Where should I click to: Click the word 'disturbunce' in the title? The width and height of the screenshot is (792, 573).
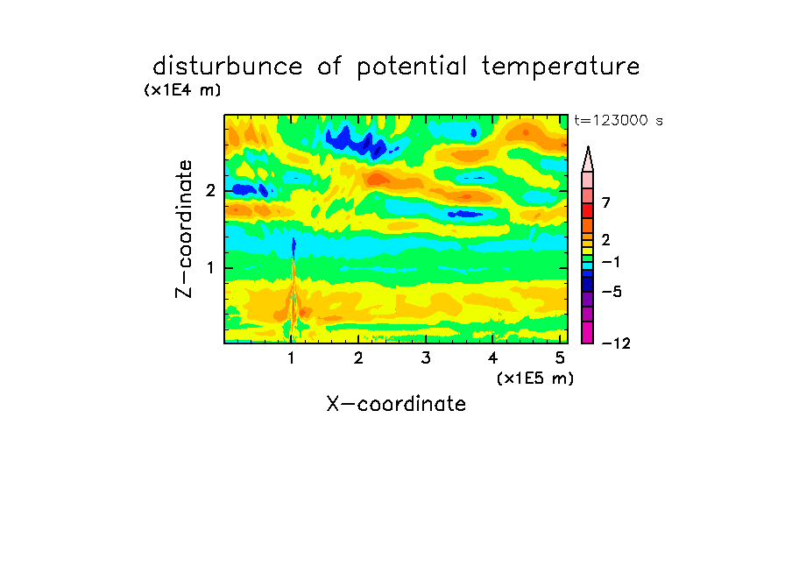(x=228, y=66)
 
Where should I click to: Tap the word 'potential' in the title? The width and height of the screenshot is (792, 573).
(x=412, y=67)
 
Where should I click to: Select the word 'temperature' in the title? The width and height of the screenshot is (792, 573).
(x=561, y=67)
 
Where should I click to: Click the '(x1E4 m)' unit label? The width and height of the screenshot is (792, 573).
(x=182, y=90)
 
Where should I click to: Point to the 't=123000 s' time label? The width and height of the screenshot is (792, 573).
(x=619, y=120)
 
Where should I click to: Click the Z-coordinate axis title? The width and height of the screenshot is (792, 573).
(x=184, y=229)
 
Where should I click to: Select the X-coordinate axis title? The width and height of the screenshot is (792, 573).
(x=396, y=404)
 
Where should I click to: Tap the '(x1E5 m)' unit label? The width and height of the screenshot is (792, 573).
(x=535, y=378)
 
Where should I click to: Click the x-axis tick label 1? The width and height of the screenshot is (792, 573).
(x=292, y=357)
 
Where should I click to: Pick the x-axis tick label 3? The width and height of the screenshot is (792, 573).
(x=426, y=357)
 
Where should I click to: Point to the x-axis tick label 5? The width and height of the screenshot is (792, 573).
(x=560, y=357)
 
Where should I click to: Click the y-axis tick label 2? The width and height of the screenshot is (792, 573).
(x=210, y=190)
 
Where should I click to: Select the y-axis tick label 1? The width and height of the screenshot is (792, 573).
(x=210, y=268)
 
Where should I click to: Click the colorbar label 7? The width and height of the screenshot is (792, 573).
(x=606, y=202)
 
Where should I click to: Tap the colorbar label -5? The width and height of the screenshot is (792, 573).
(x=612, y=292)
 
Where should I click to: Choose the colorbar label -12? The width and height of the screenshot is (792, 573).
(x=616, y=343)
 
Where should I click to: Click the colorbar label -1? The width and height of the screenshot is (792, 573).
(x=611, y=262)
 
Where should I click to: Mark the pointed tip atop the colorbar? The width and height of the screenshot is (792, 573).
(x=588, y=147)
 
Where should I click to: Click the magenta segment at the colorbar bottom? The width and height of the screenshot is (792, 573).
(x=588, y=332)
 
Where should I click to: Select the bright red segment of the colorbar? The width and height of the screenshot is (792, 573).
(x=588, y=210)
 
